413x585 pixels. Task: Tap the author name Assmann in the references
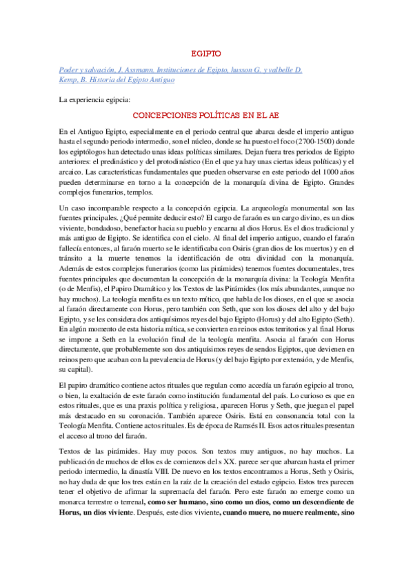pos(143,70)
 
